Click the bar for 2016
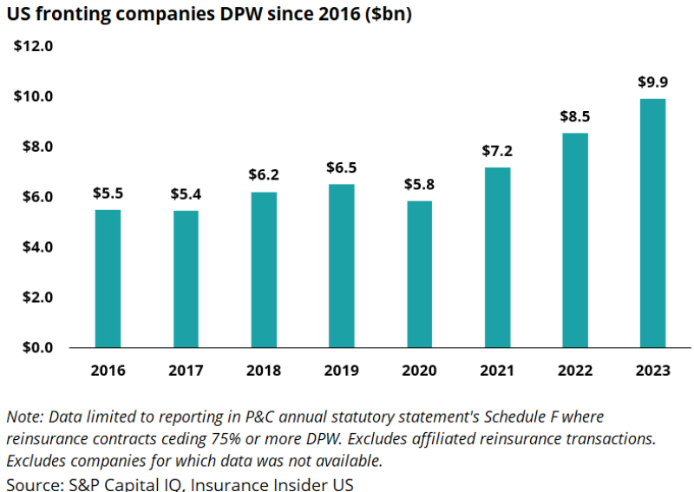[108, 278]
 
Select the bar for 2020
[419, 273]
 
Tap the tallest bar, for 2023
[652, 222]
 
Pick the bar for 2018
[264, 269]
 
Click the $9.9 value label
[652, 82]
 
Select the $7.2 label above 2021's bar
[497, 151]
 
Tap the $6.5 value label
[341, 167]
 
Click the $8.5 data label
[574, 117]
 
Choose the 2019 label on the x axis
[341, 371]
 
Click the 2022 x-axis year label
[574, 371]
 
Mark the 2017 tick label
[186, 371]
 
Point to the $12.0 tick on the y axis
[34, 46]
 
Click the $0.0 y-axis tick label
[37, 347]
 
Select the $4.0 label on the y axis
[37, 246]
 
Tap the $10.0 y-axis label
[34, 96]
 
